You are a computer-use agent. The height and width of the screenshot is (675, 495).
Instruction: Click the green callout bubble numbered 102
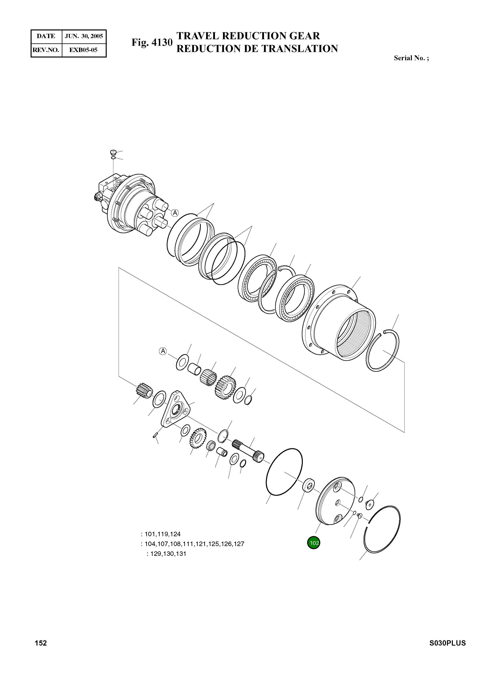pos(313,543)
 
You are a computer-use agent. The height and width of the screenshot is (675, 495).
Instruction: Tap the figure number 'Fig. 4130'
pos(152,43)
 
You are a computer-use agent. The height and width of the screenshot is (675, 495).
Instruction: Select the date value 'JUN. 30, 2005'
pos(84,36)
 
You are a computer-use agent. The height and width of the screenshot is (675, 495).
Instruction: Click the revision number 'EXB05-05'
pos(83,50)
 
